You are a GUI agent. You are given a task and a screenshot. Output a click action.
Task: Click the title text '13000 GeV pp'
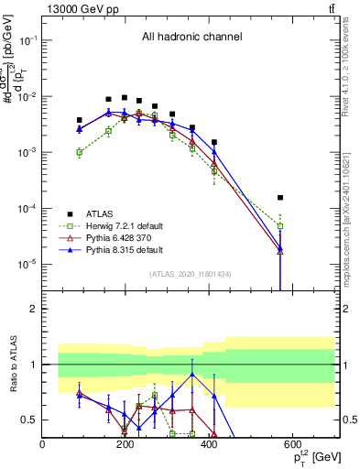coord(78,8)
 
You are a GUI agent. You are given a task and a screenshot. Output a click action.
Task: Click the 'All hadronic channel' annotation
coord(191,38)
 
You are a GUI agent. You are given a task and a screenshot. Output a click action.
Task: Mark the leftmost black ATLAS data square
coord(80,120)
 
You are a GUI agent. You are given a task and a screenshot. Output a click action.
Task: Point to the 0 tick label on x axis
coord(43,444)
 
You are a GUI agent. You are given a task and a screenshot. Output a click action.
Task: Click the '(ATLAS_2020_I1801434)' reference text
coord(190,274)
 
